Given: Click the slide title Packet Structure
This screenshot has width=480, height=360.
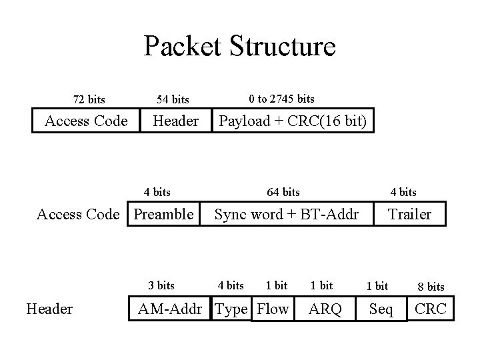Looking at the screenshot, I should (x=239, y=47).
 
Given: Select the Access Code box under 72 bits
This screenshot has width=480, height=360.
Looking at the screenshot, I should (x=85, y=121).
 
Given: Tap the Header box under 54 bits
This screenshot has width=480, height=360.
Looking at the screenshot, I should (x=175, y=121).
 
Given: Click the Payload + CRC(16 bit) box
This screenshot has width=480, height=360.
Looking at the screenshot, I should (x=293, y=121).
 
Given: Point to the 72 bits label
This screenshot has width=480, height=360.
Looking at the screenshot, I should (x=89, y=100).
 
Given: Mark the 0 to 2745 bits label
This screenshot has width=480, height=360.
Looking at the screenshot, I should (x=281, y=99).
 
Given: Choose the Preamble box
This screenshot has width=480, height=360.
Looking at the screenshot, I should (x=164, y=214).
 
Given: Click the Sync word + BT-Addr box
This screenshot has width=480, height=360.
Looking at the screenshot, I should (x=286, y=214).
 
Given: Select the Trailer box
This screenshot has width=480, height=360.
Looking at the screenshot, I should (x=409, y=214).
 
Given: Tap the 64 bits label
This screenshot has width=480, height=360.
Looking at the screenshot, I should (x=283, y=192).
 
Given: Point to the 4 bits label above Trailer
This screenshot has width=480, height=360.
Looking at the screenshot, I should (x=403, y=192).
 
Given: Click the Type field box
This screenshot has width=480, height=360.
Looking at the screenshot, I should (x=232, y=309).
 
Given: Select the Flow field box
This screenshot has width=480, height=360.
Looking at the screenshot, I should (x=273, y=309).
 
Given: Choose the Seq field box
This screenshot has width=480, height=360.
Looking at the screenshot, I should (x=381, y=309).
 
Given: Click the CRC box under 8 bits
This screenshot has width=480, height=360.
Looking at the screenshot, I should (x=430, y=309).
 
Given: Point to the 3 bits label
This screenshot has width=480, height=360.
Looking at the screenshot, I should (x=161, y=285).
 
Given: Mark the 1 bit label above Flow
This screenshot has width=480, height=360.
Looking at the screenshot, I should (x=276, y=285).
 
